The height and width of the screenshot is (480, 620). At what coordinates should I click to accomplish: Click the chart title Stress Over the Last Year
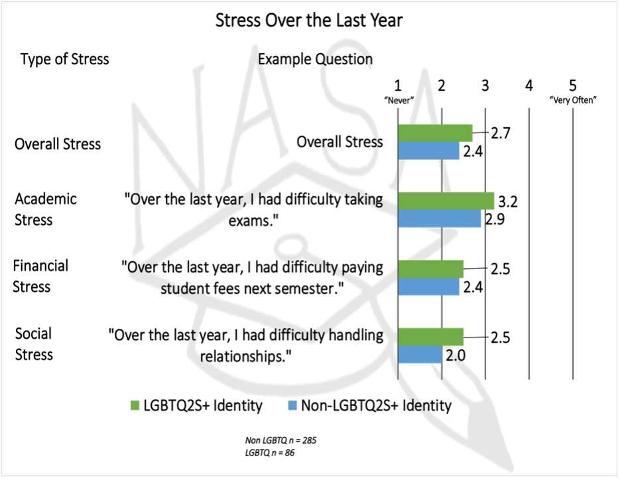[x=309, y=21]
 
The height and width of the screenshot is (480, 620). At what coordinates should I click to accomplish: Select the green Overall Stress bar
[x=435, y=133]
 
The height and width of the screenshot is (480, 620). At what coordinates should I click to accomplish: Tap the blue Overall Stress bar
[x=428, y=151]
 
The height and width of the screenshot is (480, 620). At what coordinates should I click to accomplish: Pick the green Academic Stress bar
[x=446, y=201]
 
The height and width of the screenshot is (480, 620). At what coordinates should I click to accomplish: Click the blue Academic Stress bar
[x=439, y=219]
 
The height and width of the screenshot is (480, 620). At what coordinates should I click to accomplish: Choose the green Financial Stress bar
[x=430, y=269]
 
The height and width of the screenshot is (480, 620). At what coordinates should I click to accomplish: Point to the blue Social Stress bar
[x=420, y=354]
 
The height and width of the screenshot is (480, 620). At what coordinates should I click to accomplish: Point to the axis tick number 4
[x=528, y=86]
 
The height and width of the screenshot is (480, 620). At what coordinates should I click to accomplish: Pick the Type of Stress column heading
[x=65, y=59]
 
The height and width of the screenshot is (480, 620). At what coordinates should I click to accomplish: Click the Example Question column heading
[x=315, y=59]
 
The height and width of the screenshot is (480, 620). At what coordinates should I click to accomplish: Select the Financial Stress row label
[x=40, y=276]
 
